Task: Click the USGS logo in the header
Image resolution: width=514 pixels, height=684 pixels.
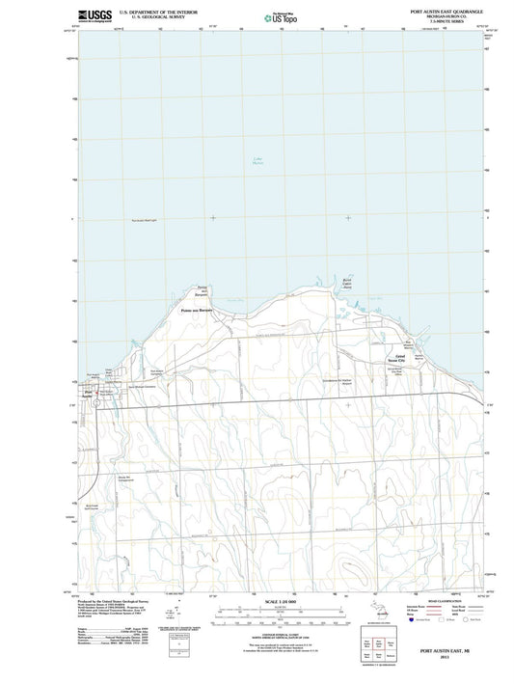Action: (92, 16)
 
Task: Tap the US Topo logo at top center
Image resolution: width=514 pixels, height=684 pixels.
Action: (277, 17)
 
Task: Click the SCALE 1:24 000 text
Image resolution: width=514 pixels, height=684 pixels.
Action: (278, 601)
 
